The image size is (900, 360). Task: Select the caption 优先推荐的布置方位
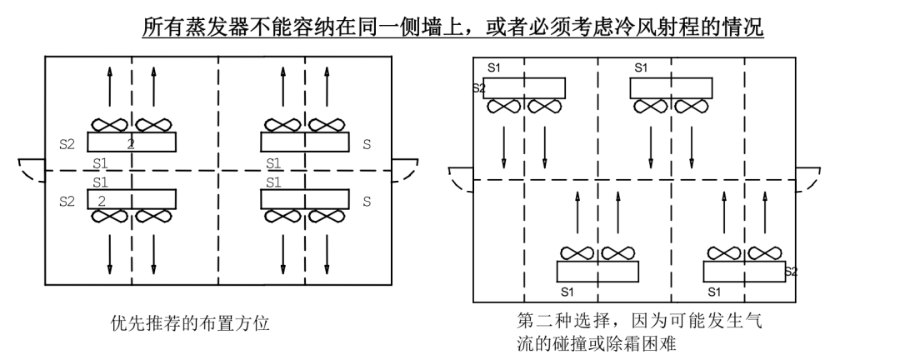point(190,322)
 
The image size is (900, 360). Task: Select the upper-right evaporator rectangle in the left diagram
point(304,142)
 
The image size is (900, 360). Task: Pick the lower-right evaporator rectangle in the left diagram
point(304,199)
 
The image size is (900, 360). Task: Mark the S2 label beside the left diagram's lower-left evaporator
point(67,201)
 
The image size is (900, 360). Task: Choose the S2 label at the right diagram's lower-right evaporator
point(791,272)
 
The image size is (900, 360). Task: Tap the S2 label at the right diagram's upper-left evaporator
point(478,87)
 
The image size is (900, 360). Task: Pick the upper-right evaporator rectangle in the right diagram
point(671,88)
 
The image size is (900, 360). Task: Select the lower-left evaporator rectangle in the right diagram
point(597,272)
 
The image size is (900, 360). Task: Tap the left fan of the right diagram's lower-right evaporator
point(723,252)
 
